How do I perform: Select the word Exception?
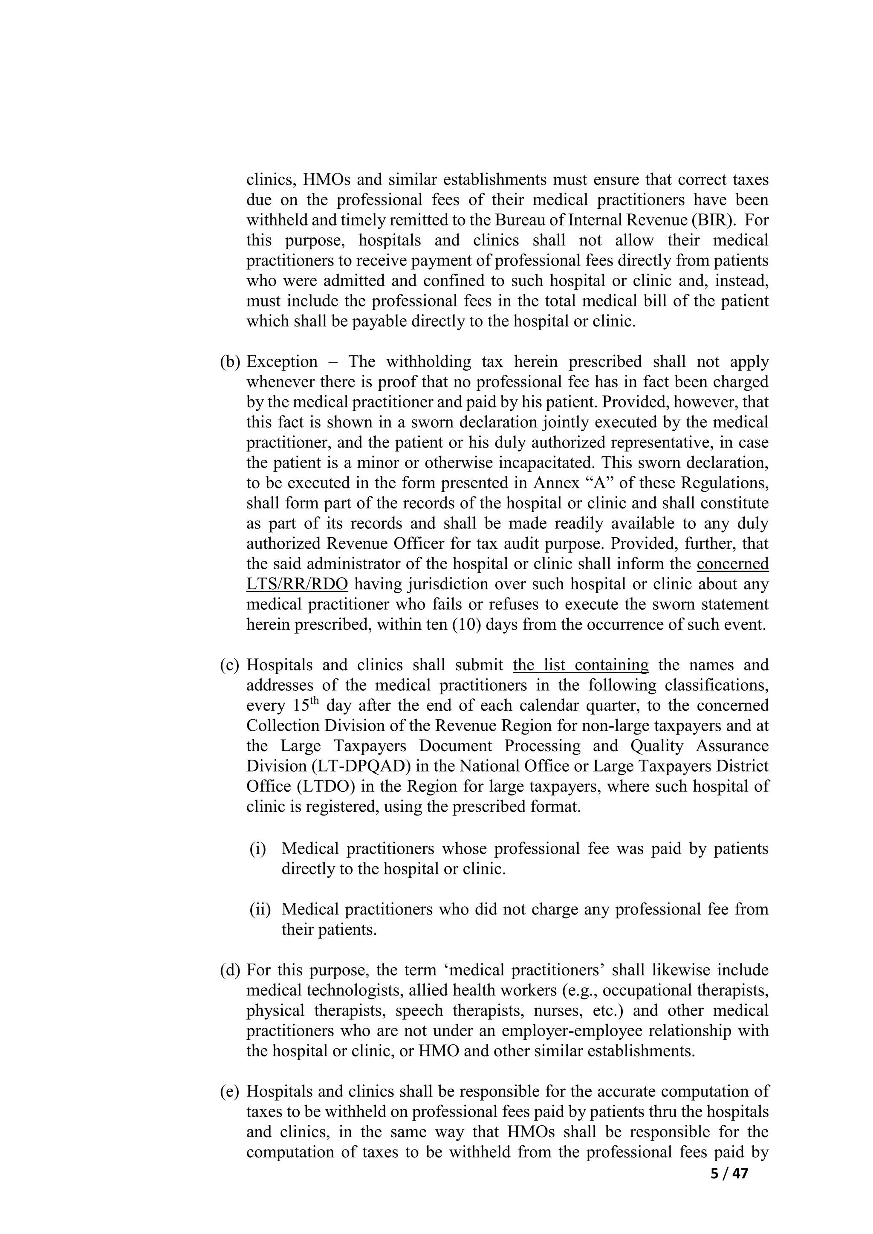[x=282, y=362]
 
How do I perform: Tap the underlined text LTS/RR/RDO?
[x=297, y=584]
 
